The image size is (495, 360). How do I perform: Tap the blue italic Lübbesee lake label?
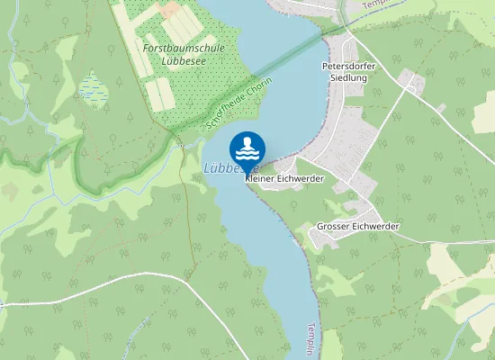point(221,167)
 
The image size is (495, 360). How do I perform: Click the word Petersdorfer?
point(348,66)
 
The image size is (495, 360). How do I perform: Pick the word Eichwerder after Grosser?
point(380,226)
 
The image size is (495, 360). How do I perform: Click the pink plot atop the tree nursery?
point(170,9)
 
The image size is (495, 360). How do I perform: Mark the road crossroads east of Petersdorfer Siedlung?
point(413,85)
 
